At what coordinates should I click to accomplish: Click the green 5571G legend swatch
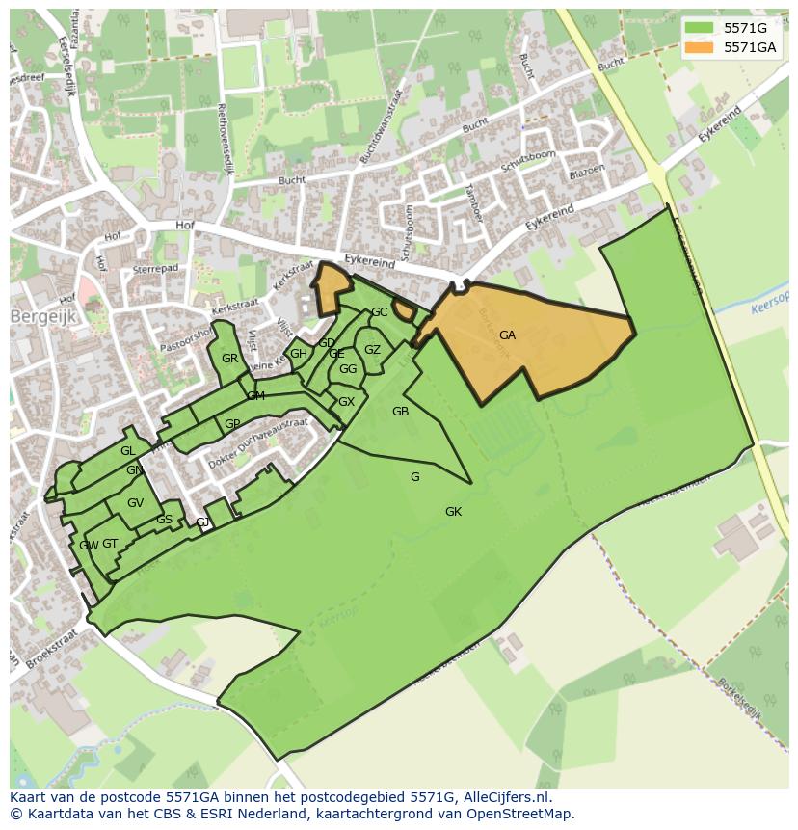(700, 28)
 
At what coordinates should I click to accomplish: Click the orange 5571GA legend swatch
(700, 47)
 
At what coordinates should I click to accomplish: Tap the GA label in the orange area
(507, 335)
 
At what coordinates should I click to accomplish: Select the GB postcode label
(400, 412)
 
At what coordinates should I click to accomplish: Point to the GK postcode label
(453, 512)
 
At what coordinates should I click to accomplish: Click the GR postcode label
(229, 359)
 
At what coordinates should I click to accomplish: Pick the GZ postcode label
(372, 350)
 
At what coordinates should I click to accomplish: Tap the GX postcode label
(346, 402)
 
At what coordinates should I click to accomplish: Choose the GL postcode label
(127, 451)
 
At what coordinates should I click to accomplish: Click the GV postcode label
(135, 503)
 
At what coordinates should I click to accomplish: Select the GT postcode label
(110, 544)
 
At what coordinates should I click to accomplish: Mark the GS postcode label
(164, 520)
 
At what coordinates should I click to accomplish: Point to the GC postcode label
(380, 312)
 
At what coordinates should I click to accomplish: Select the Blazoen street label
(587, 171)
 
